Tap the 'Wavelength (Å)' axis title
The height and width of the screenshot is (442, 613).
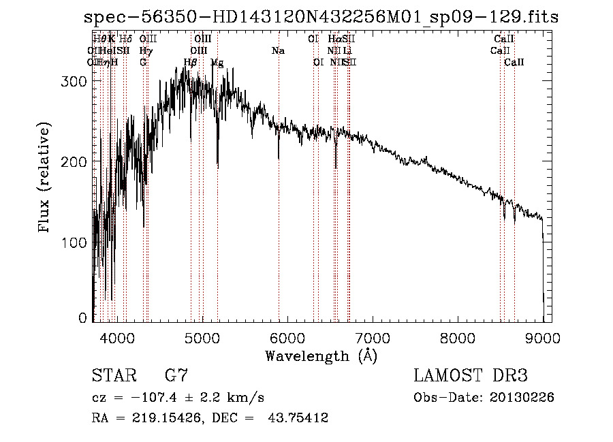pos(321,356)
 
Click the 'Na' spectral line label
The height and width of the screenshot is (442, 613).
pos(278,51)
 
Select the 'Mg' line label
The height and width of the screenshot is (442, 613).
pos(217,63)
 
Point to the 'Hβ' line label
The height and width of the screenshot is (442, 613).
pos(191,63)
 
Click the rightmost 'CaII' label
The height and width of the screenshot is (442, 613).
pos(514,63)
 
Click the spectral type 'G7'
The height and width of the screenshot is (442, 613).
pos(176,375)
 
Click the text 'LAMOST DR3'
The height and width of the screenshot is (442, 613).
pos(471,375)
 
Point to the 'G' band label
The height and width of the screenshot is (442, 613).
pos(143,63)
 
